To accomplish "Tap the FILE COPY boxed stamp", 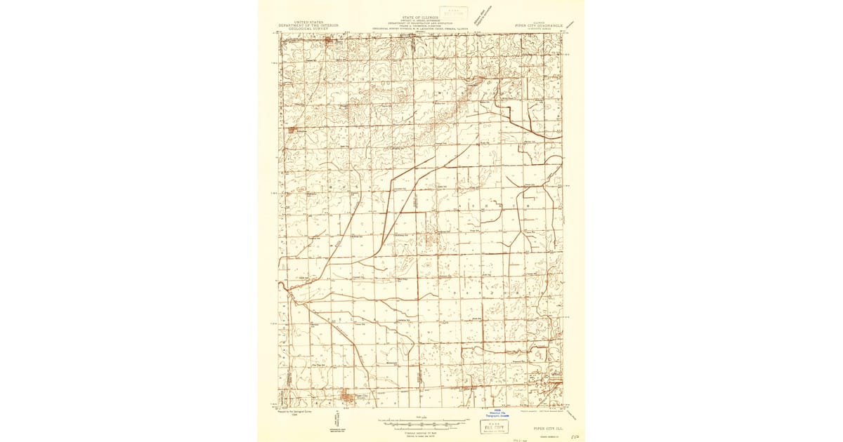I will (496, 426).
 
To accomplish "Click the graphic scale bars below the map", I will (420, 422).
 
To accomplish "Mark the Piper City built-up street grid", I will (347, 400).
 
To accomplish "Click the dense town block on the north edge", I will (331, 43).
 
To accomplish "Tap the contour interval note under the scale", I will (420, 431).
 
